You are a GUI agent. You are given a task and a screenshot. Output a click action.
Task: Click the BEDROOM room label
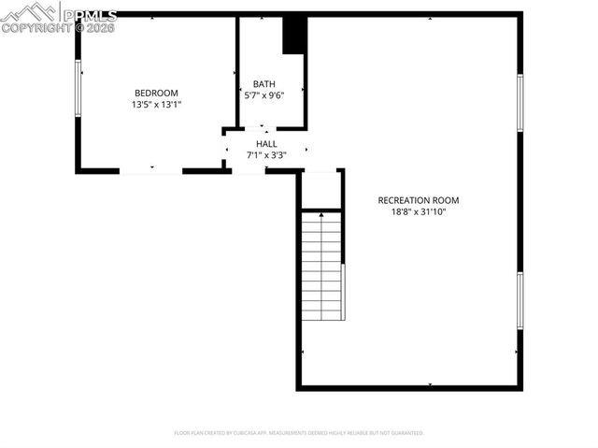point(156,93)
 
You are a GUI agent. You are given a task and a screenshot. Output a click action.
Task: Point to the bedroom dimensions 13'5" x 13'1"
point(156,105)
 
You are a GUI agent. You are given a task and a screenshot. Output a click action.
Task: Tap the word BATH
point(263,83)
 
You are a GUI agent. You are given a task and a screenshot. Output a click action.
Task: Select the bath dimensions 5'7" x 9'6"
point(263,95)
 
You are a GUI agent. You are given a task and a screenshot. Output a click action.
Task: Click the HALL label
point(266,143)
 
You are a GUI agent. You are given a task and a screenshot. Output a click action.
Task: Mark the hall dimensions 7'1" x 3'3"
point(266,155)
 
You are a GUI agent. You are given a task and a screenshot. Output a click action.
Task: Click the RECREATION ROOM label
point(418,200)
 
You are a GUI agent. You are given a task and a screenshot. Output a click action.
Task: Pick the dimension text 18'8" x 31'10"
point(418,212)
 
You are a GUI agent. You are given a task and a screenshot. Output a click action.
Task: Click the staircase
point(321,267)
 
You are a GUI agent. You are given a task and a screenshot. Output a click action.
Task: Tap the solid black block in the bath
point(294,36)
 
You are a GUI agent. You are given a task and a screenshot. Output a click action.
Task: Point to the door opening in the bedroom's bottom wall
point(150,171)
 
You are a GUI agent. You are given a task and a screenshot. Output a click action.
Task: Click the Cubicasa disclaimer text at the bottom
point(299,433)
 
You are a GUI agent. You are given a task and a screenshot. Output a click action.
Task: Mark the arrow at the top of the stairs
point(321,216)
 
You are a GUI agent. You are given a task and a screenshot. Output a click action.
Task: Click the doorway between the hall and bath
point(264,129)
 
